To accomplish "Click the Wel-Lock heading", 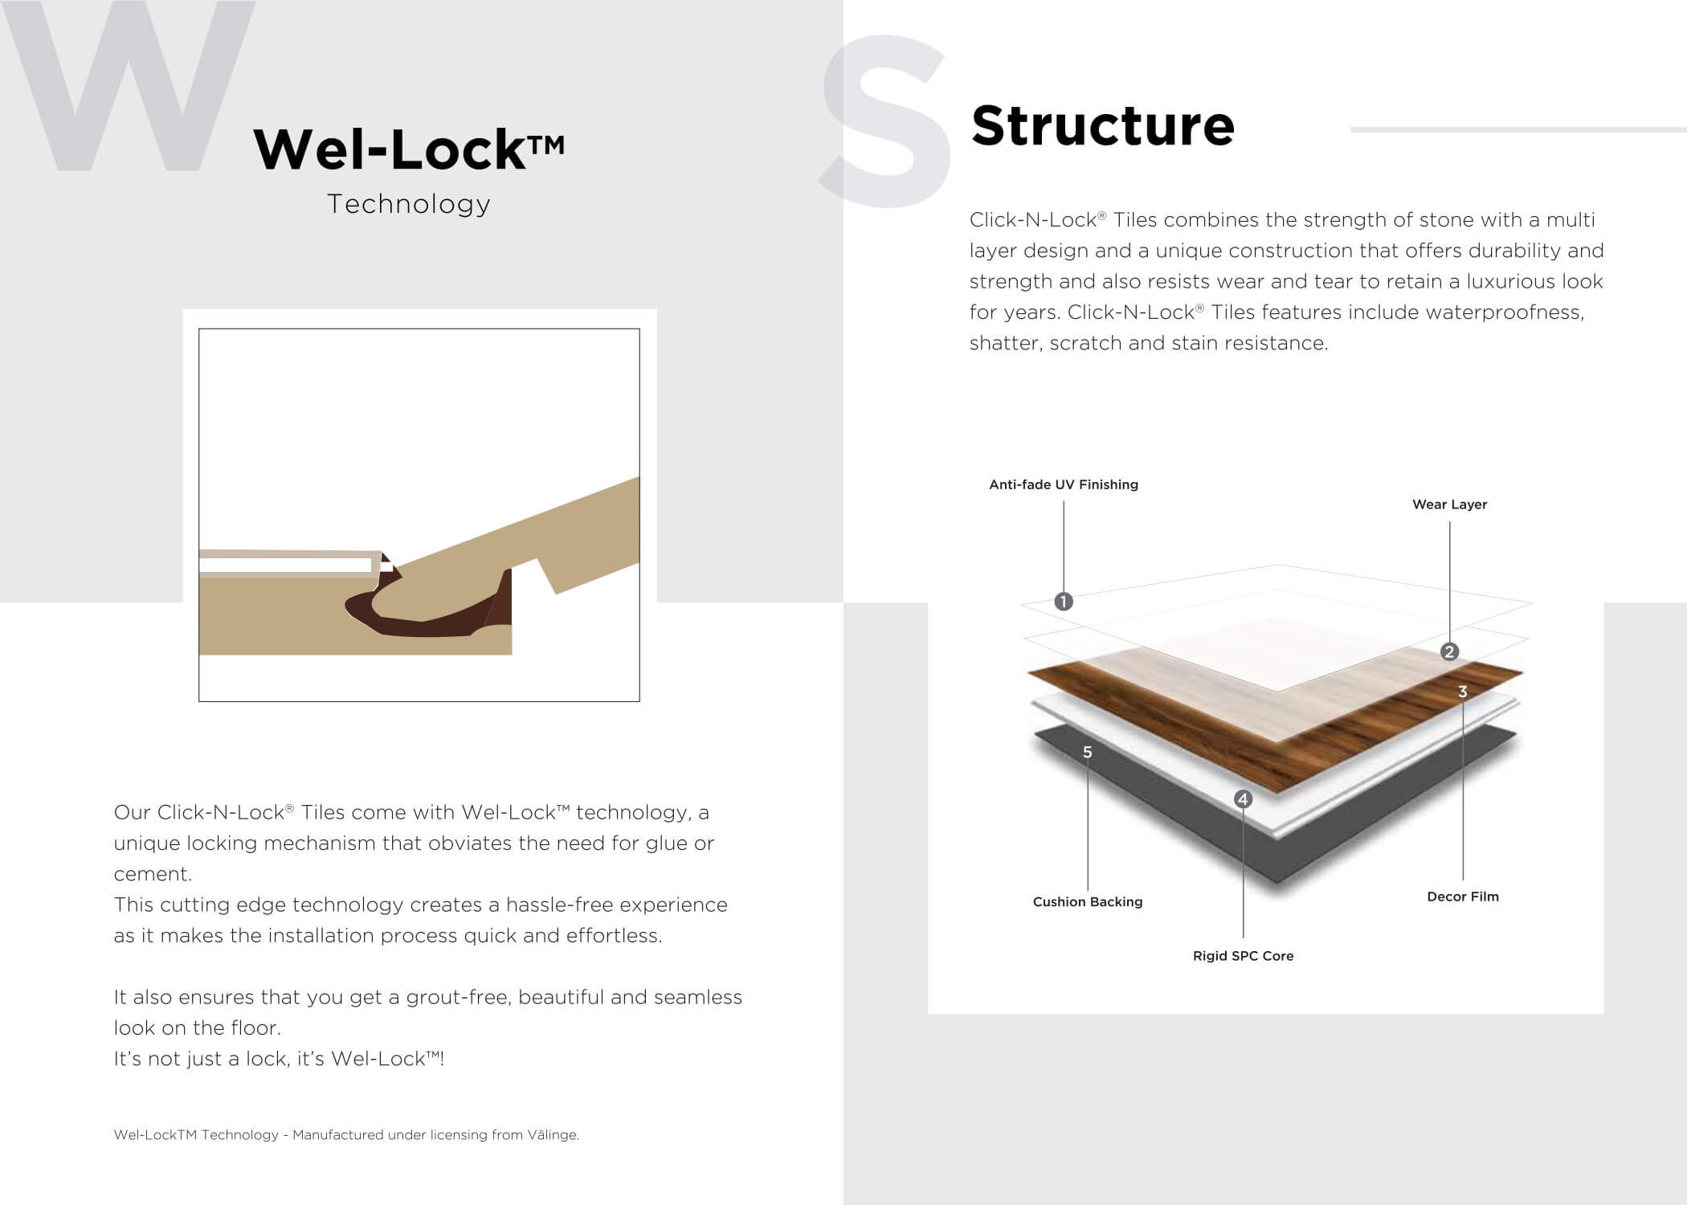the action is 409,149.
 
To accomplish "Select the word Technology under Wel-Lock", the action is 409,204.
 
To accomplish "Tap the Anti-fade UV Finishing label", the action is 1064,484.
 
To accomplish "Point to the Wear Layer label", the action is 1449,504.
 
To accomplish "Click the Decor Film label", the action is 1463,897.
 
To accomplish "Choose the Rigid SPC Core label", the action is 1243,956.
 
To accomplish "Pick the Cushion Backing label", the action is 1088,902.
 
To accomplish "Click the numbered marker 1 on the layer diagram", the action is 1064,602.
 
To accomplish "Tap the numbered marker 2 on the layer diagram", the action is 1449,652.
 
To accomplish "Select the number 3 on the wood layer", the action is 1463,692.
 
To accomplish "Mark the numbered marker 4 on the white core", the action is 1243,799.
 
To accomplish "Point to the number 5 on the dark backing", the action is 1088,753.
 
